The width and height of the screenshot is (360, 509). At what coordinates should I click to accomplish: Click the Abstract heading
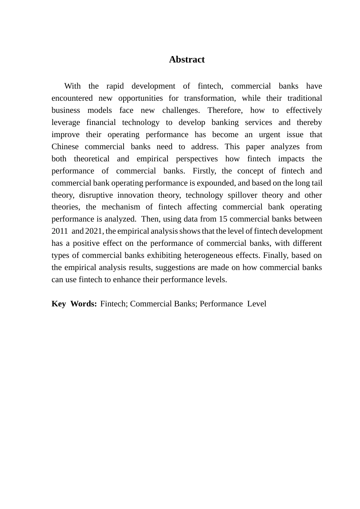[186, 59]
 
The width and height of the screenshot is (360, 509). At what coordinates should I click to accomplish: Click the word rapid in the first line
[115, 86]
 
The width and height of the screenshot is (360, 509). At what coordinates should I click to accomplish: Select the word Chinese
[65, 147]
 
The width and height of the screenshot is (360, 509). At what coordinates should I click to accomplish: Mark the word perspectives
[197, 159]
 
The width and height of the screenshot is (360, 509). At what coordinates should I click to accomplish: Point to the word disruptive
[96, 195]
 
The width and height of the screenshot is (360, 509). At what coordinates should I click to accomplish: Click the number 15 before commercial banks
[223, 219]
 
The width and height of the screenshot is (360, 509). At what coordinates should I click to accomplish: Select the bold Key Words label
[74, 304]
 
